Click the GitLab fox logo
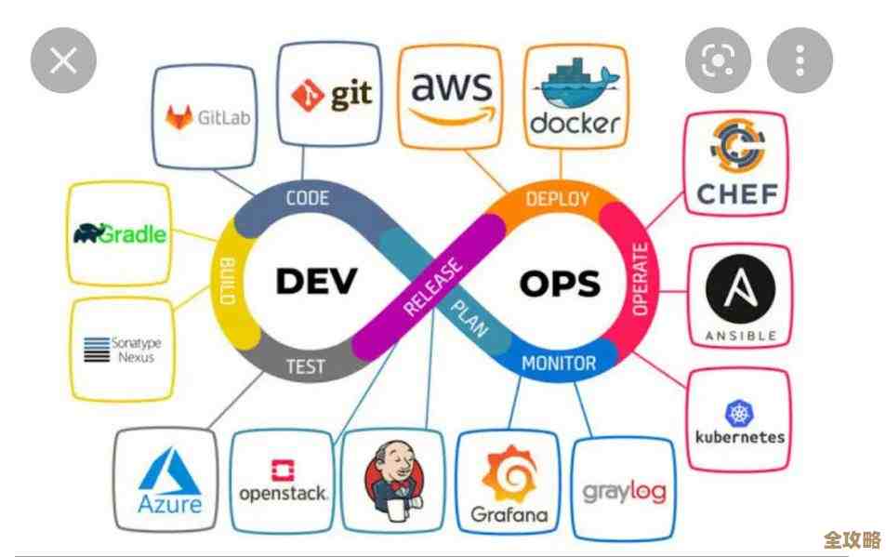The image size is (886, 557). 179,118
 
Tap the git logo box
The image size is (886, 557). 332,93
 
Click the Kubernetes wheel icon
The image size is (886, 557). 740,414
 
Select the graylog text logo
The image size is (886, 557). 624,490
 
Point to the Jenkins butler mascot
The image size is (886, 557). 390,476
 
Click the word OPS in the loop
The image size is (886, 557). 559,282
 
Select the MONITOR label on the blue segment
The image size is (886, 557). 558,362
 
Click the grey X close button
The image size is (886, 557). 63,62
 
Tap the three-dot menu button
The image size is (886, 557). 800,61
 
